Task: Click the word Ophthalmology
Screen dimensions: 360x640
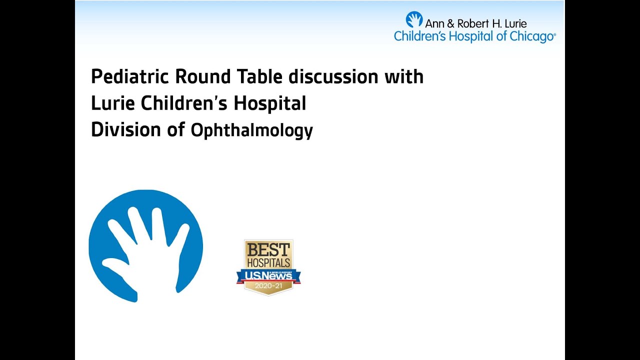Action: pos(252,131)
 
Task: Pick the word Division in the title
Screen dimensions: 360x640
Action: pos(118,130)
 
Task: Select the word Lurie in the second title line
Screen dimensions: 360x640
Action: pos(113,103)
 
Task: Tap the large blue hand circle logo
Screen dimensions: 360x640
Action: pos(145,245)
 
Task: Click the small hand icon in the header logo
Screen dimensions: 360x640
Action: pos(414,19)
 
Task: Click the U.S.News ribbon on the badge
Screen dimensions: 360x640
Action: pos(268,275)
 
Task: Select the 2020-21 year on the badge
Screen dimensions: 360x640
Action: pos(268,286)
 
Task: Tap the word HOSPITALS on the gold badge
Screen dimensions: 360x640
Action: pos(268,262)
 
